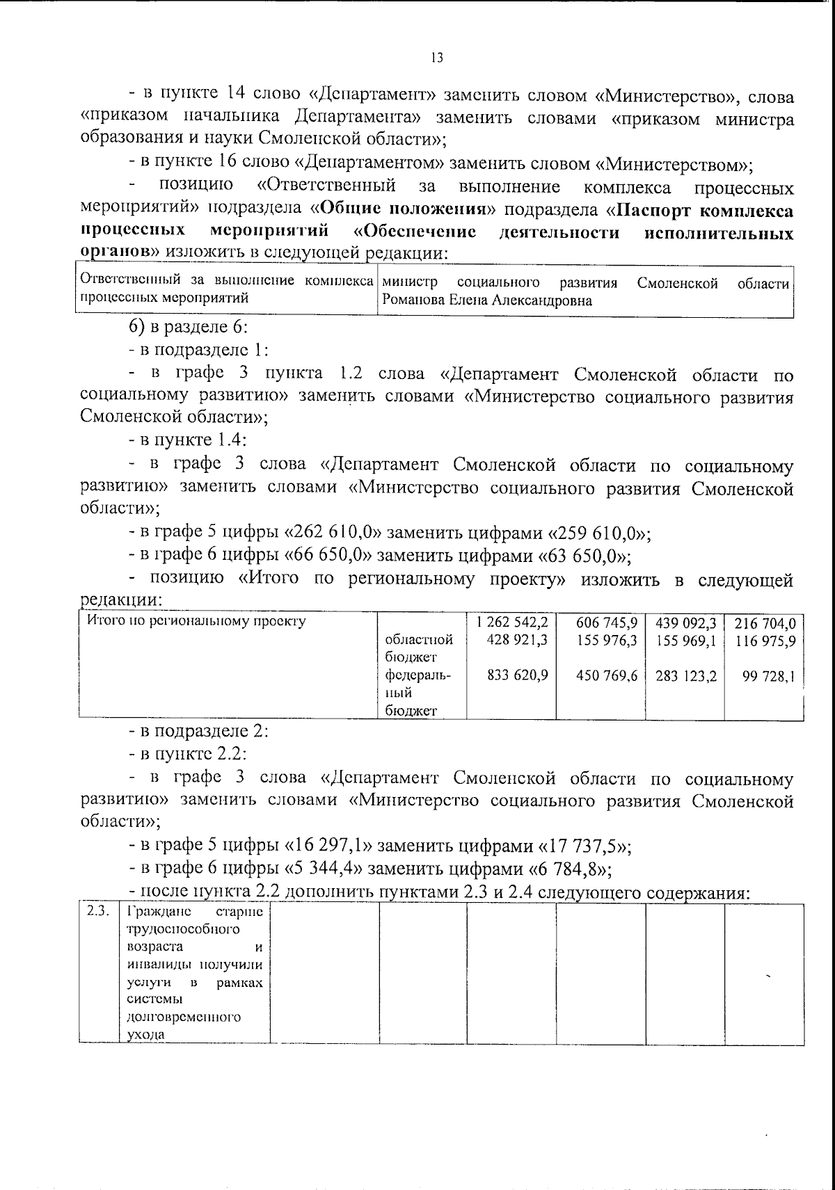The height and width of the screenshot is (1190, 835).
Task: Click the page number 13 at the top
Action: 437,58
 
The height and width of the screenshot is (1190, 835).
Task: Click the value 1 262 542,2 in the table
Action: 512,622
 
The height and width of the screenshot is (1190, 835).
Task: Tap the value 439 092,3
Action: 685,622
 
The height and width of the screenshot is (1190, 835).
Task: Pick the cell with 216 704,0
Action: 765,622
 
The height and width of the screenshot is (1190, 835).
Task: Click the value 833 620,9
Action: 517,675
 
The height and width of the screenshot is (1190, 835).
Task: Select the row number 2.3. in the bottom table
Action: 97,912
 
